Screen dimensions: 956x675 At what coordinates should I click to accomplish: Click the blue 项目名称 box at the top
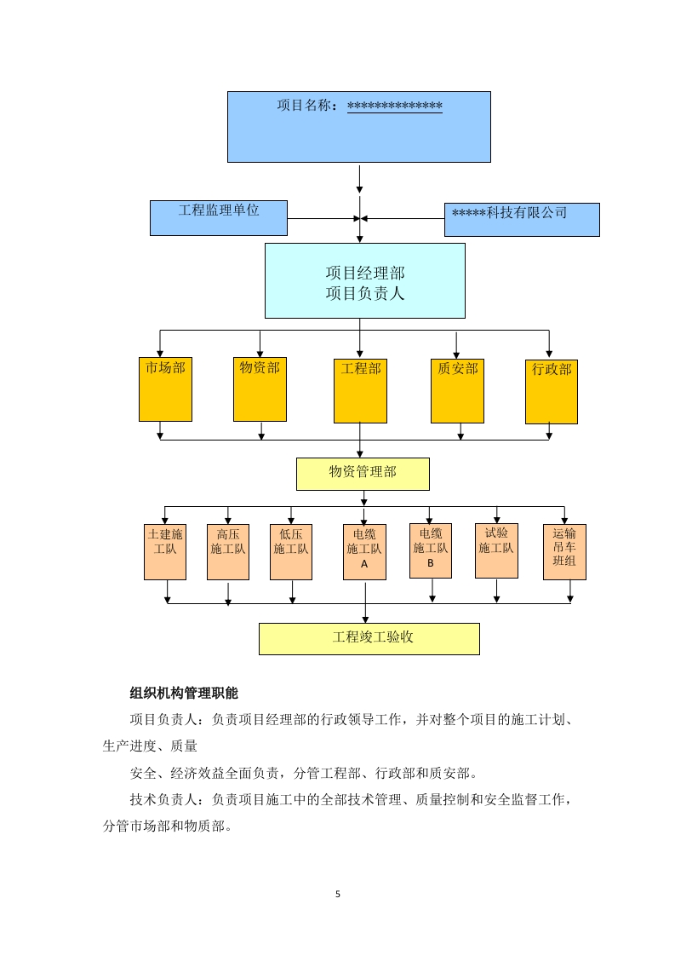click(x=358, y=127)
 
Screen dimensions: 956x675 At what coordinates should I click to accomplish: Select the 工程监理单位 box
click(x=219, y=218)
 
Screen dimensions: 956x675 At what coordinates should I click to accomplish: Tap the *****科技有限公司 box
click(x=522, y=220)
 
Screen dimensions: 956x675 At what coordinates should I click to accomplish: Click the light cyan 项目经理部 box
click(x=364, y=281)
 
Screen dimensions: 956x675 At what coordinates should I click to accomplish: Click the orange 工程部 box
click(x=361, y=391)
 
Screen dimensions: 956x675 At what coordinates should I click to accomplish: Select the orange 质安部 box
click(x=457, y=390)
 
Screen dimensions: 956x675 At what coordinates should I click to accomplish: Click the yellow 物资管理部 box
click(x=363, y=474)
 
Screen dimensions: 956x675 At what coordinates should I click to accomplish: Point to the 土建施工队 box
click(x=165, y=551)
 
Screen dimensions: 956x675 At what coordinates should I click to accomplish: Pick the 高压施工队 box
click(x=228, y=551)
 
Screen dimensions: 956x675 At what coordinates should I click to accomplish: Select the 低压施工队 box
click(x=291, y=551)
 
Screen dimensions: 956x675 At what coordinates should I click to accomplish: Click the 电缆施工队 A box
click(x=364, y=551)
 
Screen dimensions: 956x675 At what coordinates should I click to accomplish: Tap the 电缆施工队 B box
click(x=431, y=550)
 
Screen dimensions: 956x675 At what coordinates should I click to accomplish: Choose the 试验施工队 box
click(x=496, y=550)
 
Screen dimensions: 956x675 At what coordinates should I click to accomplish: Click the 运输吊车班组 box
click(x=564, y=551)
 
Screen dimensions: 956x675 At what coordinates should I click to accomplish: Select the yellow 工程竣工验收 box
click(x=369, y=638)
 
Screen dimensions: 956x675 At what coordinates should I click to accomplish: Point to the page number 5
click(x=338, y=894)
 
